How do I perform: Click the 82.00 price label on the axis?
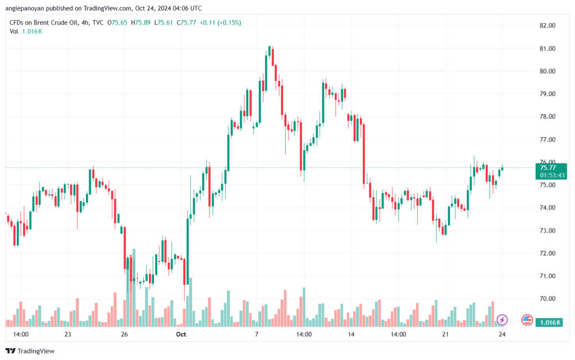click(547, 26)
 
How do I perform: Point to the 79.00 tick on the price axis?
click(547, 94)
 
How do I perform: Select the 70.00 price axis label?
click(547, 299)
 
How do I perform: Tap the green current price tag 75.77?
click(547, 167)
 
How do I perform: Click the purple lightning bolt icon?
click(502, 320)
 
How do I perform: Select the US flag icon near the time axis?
click(527, 320)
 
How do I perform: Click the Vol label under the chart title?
click(14, 31)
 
